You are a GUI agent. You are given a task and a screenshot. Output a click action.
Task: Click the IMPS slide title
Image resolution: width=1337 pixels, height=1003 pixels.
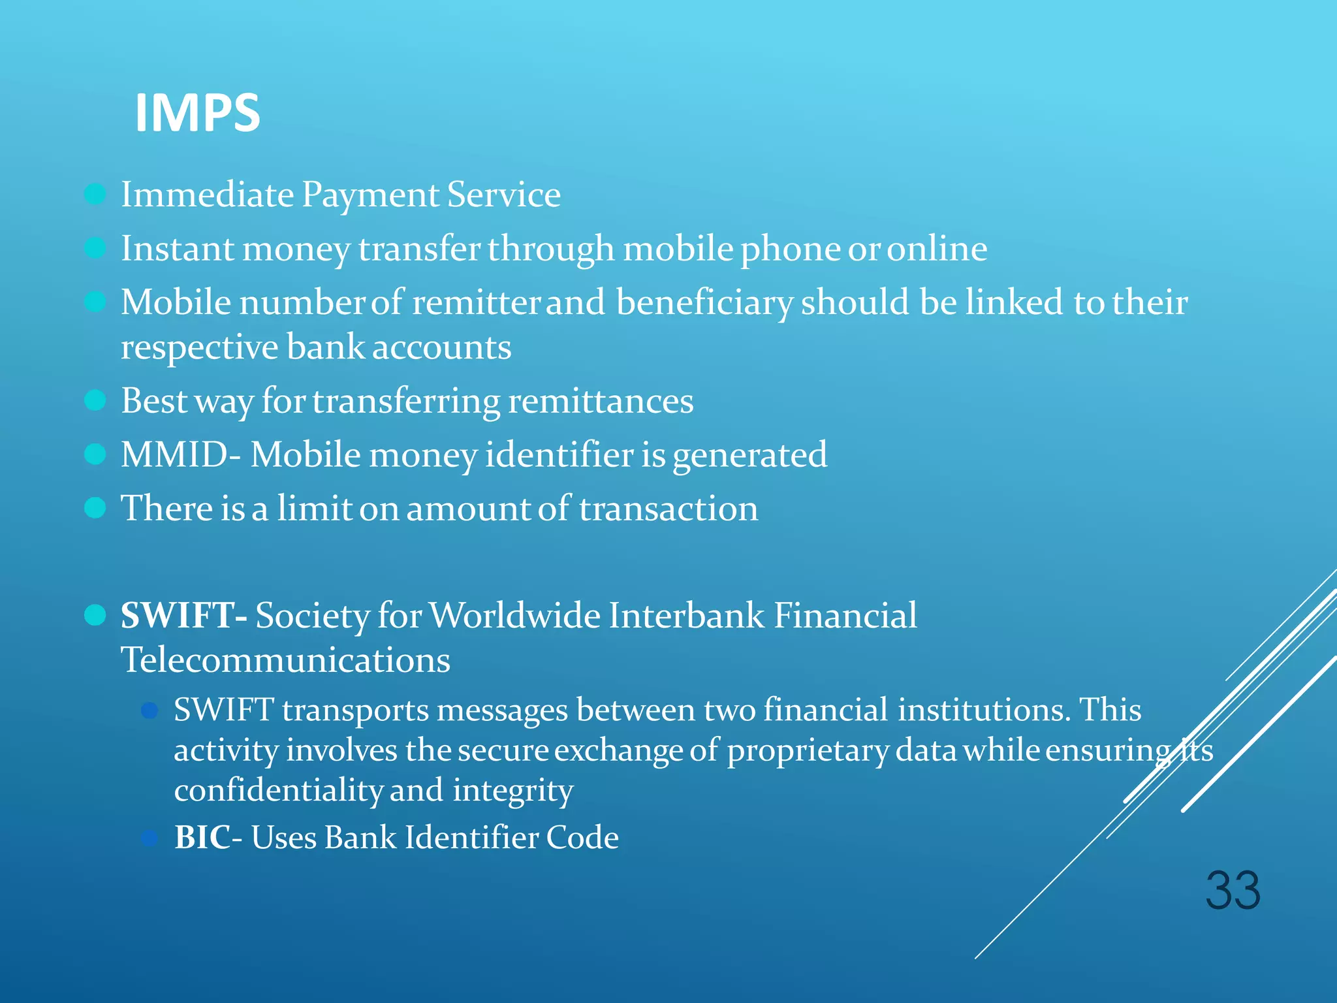click(x=197, y=113)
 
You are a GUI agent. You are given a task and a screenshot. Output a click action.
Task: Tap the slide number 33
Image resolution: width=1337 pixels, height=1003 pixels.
click(x=1233, y=891)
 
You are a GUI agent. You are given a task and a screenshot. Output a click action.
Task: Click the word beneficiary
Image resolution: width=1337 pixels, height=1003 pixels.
click(x=704, y=303)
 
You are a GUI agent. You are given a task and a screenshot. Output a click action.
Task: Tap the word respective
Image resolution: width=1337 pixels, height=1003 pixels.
click(x=199, y=347)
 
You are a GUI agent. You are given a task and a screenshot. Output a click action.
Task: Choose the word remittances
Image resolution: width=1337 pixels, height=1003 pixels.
click(x=601, y=401)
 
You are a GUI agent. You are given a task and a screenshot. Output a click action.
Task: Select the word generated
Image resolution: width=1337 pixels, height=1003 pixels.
click(x=749, y=456)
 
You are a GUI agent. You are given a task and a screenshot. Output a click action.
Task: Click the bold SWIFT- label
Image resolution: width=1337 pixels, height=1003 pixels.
click(x=183, y=615)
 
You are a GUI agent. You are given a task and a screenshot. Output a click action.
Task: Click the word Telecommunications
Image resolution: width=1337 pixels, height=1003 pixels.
click(x=285, y=660)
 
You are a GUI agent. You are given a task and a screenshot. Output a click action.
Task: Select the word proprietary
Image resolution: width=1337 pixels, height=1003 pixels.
click(x=808, y=751)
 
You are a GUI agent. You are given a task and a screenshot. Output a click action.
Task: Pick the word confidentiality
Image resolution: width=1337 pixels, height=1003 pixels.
click(x=278, y=791)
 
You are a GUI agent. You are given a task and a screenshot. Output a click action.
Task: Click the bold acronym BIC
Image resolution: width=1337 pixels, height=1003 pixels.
click(x=202, y=837)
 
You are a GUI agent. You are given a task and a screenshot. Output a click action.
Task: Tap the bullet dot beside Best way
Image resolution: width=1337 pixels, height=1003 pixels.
click(x=95, y=400)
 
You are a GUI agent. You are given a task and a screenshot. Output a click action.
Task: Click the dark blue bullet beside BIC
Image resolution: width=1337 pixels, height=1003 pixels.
click(x=149, y=838)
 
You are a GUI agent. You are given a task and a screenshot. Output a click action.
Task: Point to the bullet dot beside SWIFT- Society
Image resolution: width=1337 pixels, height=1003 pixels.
click(x=95, y=615)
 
